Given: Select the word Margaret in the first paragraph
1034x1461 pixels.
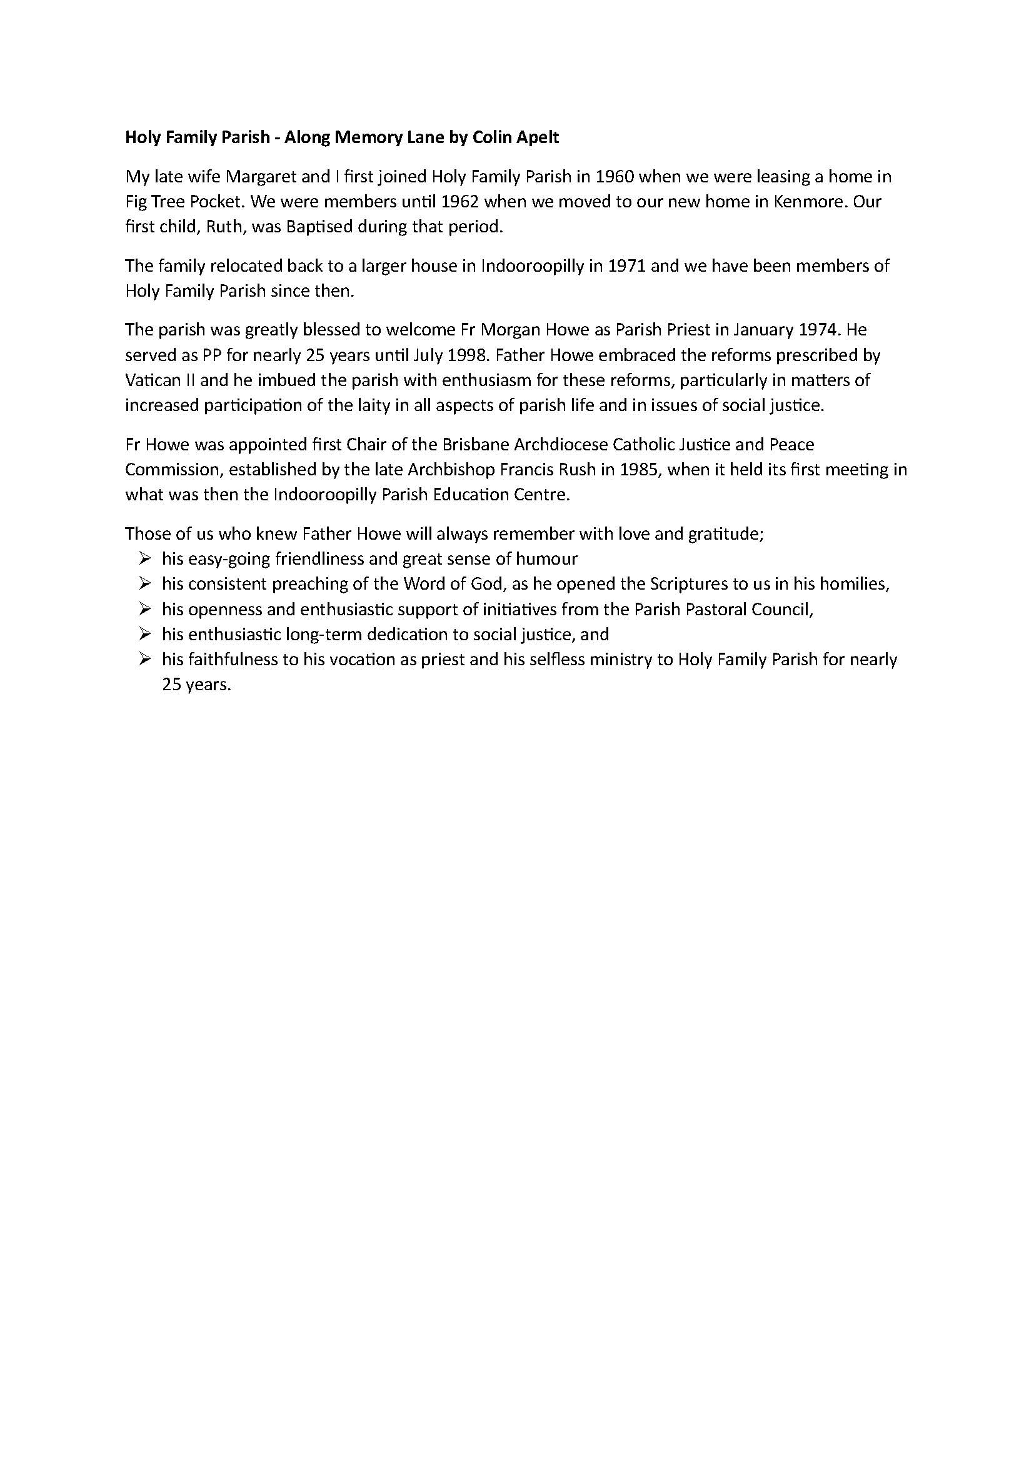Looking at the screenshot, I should pyautogui.click(x=261, y=176).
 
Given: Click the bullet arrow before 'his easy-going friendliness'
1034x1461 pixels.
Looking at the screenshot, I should pyautogui.click(x=144, y=558).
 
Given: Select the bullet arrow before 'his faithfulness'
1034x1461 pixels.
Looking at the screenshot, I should pyautogui.click(x=144, y=659).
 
